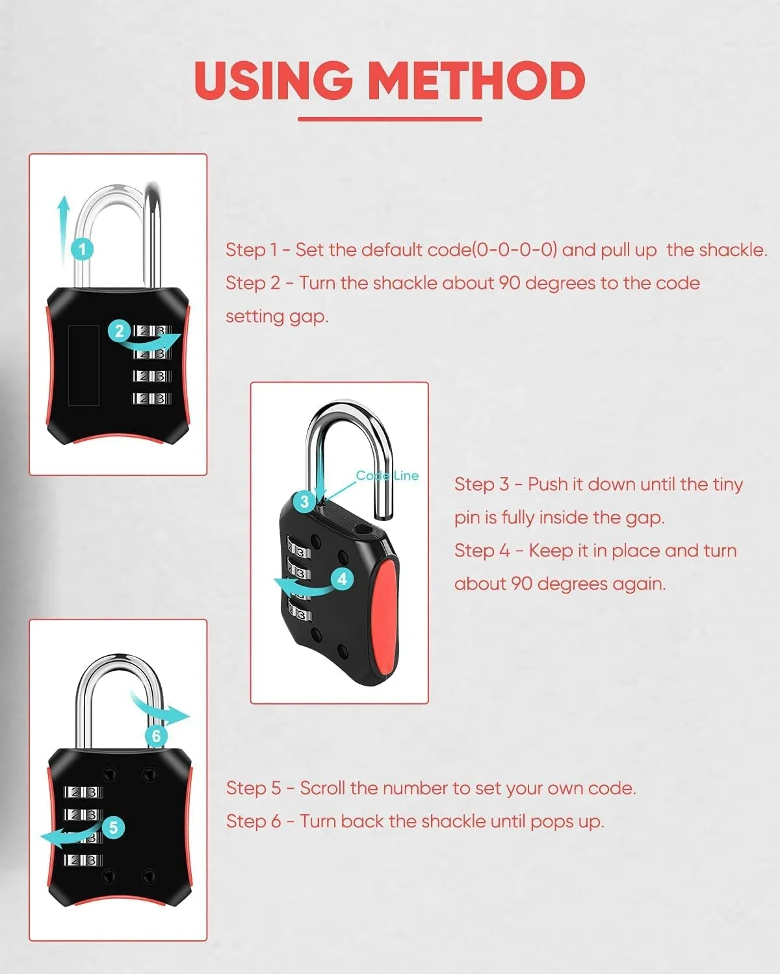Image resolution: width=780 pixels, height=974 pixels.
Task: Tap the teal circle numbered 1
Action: click(x=82, y=249)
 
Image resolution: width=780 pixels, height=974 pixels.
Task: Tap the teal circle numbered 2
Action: click(x=119, y=331)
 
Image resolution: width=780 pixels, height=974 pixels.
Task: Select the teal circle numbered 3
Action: click(x=304, y=502)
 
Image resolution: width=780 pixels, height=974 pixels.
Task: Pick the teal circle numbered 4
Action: click(x=342, y=579)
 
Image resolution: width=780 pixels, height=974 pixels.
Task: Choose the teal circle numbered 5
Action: click(x=113, y=827)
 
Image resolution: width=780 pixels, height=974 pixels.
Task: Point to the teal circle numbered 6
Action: click(x=157, y=736)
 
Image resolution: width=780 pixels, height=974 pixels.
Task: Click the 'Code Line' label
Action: click(x=387, y=475)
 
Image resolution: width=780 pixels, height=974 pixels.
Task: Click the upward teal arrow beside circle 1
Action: click(x=63, y=230)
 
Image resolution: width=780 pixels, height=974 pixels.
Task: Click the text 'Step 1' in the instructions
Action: click(x=251, y=250)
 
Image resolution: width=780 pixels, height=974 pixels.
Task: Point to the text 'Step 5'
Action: click(x=253, y=788)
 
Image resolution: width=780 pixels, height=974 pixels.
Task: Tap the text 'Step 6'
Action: click(x=253, y=821)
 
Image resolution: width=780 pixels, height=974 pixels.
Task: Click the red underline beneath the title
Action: click(x=390, y=119)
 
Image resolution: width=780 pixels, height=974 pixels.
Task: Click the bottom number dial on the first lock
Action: click(x=152, y=398)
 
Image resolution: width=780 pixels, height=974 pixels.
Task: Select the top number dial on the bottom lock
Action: click(x=83, y=792)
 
